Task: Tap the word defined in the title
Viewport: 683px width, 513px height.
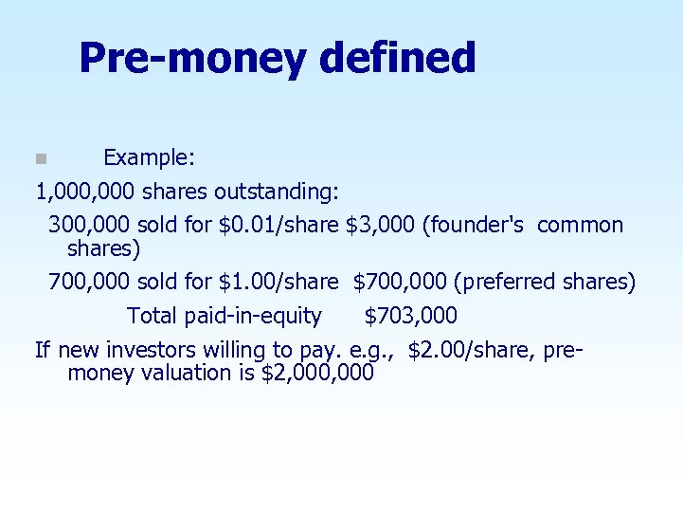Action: [x=397, y=58]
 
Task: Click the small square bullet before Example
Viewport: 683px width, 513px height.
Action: [x=40, y=157]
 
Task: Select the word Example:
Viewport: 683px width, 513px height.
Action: [x=149, y=156]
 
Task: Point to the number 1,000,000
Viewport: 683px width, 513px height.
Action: [x=85, y=192]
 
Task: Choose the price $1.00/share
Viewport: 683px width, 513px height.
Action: [x=279, y=282]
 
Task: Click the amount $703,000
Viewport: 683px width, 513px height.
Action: [x=410, y=316]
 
